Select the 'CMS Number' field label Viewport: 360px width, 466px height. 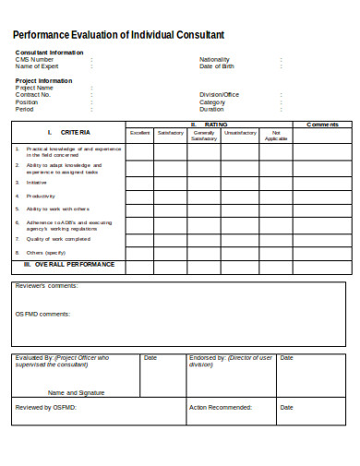pyautogui.click(x=36, y=59)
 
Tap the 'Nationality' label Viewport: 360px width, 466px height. pyautogui.click(x=214, y=59)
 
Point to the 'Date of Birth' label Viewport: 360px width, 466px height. pyautogui.click(x=217, y=66)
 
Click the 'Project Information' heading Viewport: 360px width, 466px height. pyautogui.click(x=43, y=80)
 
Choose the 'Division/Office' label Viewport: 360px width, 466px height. pyautogui.click(x=220, y=94)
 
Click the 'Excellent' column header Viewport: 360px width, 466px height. pyautogui.click(x=140, y=133)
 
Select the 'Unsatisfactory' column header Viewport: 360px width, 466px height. pyautogui.click(x=240, y=133)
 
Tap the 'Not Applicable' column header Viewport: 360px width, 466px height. pyautogui.click(x=275, y=136)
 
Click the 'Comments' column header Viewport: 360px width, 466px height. pyautogui.click(x=323, y=125)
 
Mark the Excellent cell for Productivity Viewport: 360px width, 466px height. pyautogui.click(x=140, y=196)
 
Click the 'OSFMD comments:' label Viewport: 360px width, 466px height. pyautogui.click(x=42, y=314)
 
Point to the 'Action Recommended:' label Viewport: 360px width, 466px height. pyautogui.click(x=221, y=407)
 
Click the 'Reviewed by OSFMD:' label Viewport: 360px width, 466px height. pyautogui.click(x=45, y=407)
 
